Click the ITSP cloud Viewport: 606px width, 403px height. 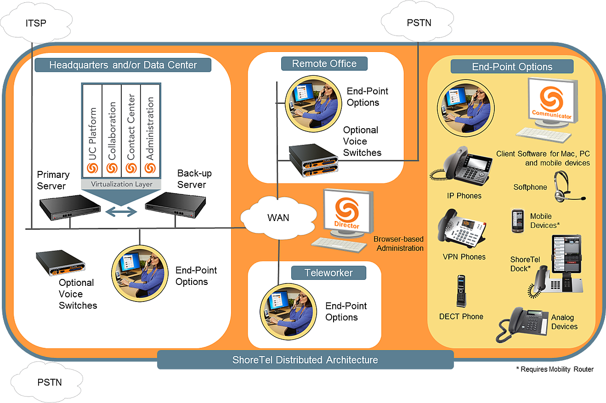click(x=35, y=22)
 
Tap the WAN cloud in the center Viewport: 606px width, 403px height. click(x=278, y=217)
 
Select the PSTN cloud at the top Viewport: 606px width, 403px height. click(x=419, y=22)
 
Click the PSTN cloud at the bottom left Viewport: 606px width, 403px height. click(x=49, y=382)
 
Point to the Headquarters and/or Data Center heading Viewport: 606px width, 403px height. click(x=123, y=65)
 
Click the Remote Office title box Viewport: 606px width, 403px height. click(x=324, y=63)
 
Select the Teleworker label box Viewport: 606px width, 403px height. click(x=328, y=272)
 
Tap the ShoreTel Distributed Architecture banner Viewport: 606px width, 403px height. click(x=305, y=360)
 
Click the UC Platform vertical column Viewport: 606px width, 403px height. click(x=92, y=131)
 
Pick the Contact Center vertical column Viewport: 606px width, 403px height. click(x=131, y=131)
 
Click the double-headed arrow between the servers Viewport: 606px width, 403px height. click(x=121, y=211)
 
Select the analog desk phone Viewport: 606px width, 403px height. click(x=524, y=324)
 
